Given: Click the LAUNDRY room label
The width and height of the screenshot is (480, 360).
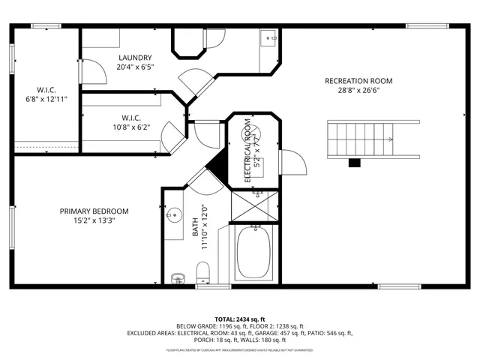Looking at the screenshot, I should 136,57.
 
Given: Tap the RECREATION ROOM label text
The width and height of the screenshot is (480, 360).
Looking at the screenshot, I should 358,81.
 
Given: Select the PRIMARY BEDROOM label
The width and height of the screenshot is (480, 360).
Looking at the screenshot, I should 94,211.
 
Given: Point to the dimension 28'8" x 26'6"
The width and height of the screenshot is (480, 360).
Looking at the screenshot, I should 358,92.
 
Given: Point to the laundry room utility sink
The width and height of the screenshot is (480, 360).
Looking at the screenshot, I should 268,37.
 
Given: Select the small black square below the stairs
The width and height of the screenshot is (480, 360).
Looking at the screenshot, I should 355,162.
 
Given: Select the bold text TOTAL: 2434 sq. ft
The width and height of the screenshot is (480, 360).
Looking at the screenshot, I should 239,319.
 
